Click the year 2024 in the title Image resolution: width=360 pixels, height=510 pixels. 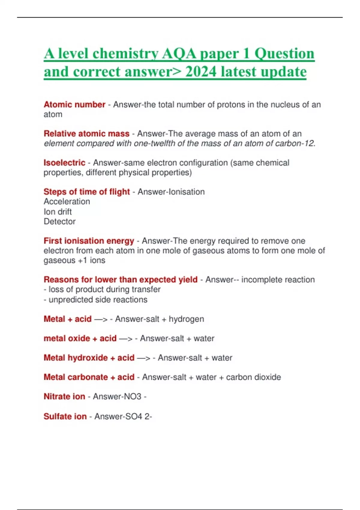coord(200,71)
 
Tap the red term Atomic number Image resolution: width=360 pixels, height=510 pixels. coord(74,104)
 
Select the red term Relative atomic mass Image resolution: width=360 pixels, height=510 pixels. coord(86,133)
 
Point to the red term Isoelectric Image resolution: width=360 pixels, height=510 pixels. coord(64,163)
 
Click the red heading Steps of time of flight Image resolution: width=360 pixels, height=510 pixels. coord(86,192)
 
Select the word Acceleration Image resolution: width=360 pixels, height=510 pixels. coord(67,202)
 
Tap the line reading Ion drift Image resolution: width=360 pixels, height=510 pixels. coord(58,212)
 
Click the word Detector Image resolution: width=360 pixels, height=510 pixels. coord(59,222)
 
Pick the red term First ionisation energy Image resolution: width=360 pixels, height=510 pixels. coord(89,241)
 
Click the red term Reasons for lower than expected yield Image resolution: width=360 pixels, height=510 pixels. coord(120,280)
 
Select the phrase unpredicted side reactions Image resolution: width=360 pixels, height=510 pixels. coord(98,300)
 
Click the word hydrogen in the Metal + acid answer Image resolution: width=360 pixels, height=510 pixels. coord(186,319)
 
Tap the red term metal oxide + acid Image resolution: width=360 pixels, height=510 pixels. coord(80,338)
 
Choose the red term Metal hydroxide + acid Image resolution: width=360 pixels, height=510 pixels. coord(89,358)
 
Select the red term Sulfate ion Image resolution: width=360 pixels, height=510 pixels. coord(65,416)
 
